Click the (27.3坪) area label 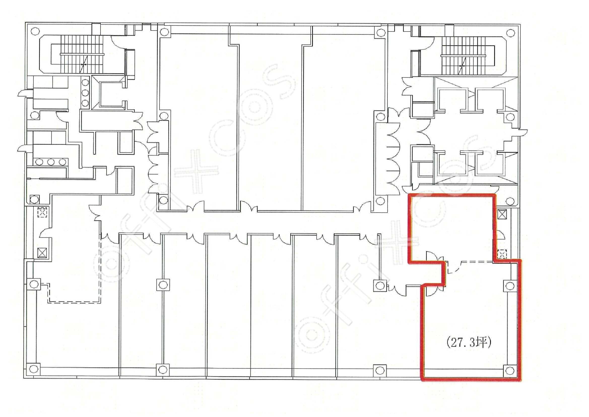tap(469, 343)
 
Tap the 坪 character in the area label tap(481, 343)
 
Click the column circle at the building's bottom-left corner tap(33, 369)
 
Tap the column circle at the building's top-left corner tap(35, 31)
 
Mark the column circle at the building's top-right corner tap(510, 33)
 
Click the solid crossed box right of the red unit tap(502, 214)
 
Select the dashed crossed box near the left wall tap(42, 213)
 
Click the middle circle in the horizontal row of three tap(51, 162)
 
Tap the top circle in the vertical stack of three tap(85, 83)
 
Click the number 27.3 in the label tap(462, 343)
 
